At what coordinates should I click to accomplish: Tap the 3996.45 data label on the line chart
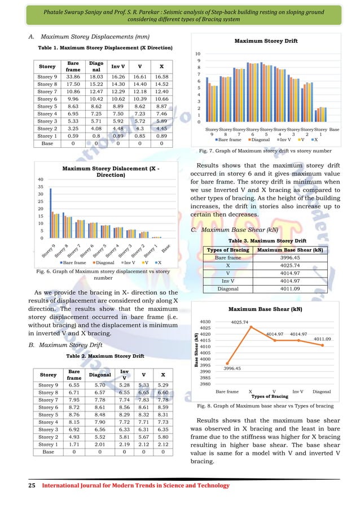point(229,368)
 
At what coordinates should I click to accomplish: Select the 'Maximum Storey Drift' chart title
point(265,41)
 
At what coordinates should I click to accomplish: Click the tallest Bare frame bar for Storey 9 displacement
point(51,212)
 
